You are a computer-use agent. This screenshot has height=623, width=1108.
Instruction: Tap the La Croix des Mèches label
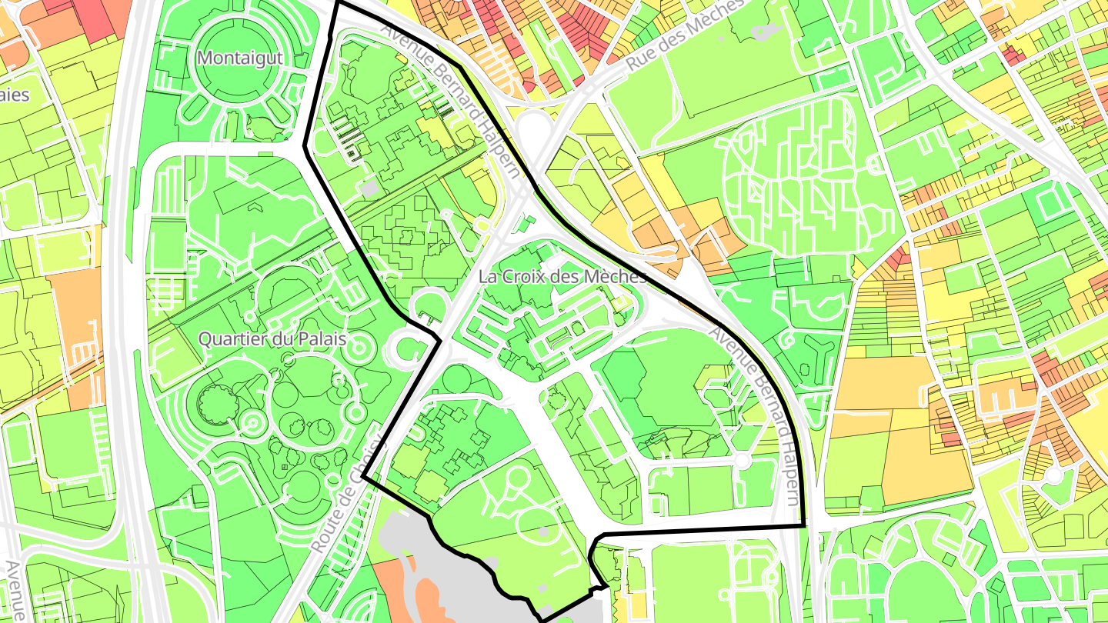(x=562, y=276)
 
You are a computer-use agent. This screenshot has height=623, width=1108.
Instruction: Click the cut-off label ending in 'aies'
(x=14, y=95)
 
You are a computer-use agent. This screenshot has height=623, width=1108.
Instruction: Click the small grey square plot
(x=370, y=188)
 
